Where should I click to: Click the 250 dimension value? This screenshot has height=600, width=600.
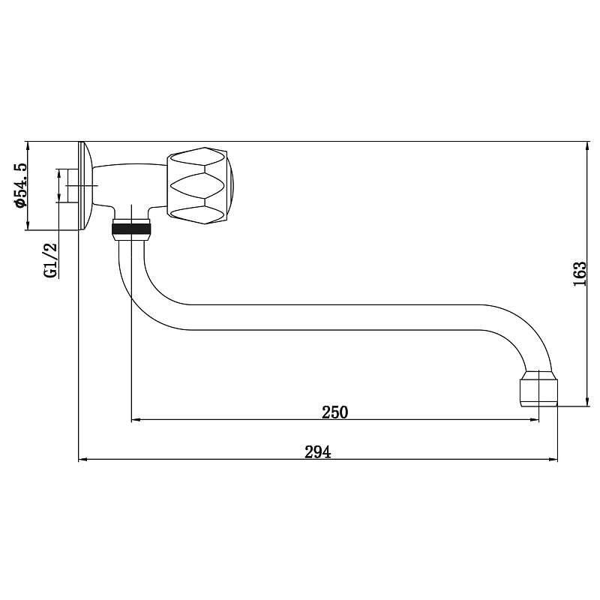click(334, 412)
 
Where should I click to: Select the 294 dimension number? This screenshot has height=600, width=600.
click(317, 452)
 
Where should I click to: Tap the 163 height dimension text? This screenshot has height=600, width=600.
click(579, 274)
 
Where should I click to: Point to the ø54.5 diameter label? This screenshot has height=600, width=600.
click(20, 185)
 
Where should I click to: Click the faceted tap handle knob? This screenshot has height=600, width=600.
click(199, 185)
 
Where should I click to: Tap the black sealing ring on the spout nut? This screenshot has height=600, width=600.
click(131, 229)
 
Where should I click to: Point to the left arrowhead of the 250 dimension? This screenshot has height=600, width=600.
click(136, 420)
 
